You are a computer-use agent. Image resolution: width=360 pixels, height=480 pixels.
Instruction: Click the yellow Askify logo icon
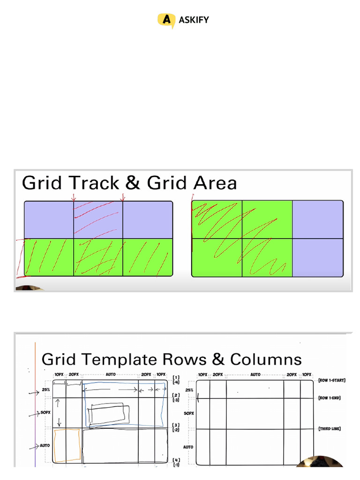(165, 20)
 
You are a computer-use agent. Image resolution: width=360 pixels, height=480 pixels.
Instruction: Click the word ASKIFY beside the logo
(194, 20)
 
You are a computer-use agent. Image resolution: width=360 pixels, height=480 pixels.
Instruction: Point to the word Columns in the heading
(266, 360)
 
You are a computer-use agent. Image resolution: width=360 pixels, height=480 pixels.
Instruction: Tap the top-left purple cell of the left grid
(49, 219)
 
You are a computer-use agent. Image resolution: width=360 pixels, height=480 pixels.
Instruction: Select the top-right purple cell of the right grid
(317, 219)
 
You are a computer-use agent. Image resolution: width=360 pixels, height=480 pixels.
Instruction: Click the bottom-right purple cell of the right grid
(317, 257)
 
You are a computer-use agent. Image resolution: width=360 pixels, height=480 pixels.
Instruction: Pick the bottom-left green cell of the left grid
(49, 257)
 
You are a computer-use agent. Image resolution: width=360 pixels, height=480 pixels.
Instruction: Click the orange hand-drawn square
(67, 445)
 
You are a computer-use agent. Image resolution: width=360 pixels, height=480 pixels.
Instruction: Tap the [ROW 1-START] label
(331, 381)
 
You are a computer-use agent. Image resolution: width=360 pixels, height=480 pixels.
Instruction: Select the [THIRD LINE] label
(330, 428)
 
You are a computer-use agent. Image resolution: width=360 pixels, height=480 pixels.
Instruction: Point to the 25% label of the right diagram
(189, 390)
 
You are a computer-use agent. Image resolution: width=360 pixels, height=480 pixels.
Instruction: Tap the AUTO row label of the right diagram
(188, 447)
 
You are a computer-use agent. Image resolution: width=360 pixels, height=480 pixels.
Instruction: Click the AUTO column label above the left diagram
(111, 375)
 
